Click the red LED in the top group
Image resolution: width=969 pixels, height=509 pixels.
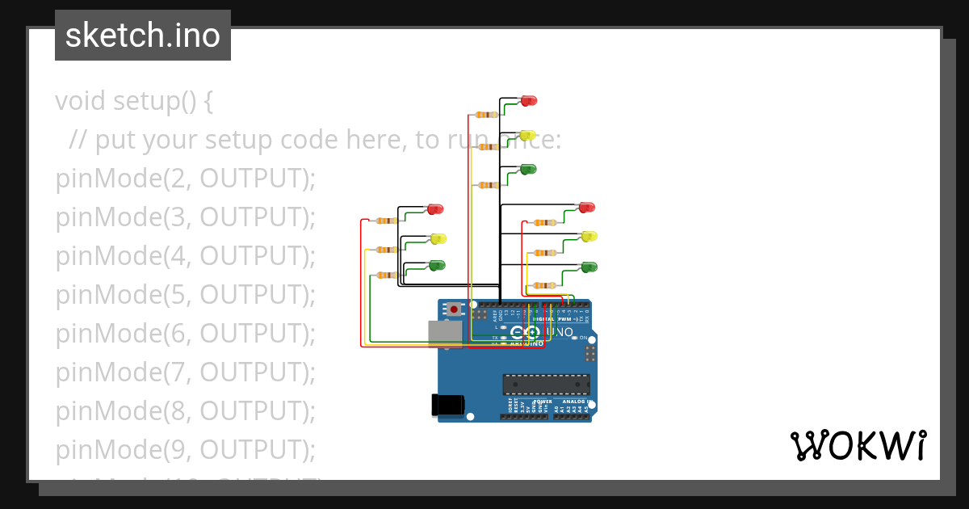coord(529,101)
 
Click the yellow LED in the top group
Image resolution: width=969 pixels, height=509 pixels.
coord(527,135)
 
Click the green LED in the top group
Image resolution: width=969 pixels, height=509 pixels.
coord(528,169)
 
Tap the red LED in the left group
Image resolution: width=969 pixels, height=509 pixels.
coord(435,209)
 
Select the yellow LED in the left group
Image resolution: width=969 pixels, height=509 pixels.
coord(438,238)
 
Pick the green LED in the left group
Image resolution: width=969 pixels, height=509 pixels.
coord(437,265)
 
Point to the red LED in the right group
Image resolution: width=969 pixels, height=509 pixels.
coord(587,208)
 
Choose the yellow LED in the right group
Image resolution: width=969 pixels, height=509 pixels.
coord(589,236)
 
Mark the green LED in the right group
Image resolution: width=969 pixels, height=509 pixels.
coord(589,267)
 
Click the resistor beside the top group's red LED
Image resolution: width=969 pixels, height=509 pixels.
coord(486,115)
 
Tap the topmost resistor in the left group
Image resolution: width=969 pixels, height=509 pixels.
coord(385,221)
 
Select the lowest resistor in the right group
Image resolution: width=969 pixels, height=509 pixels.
coord(544,285)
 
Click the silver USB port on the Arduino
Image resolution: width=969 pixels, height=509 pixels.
coord(444,333)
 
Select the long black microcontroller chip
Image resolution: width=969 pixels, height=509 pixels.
coord(545,385)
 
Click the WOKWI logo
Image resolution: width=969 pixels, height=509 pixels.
coord(858,446)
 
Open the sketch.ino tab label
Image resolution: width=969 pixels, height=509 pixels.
coord(143,36)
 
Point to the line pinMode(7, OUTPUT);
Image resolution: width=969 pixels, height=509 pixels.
coord(185,372)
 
